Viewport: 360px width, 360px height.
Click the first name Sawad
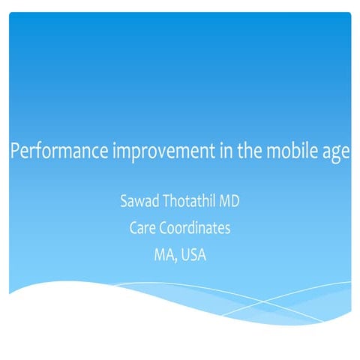tap(138, 203)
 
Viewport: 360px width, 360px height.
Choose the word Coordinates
tap(199, 229)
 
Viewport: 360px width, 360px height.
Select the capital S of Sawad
tap(123, 203)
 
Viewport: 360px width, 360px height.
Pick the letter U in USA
tap(184, 255)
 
